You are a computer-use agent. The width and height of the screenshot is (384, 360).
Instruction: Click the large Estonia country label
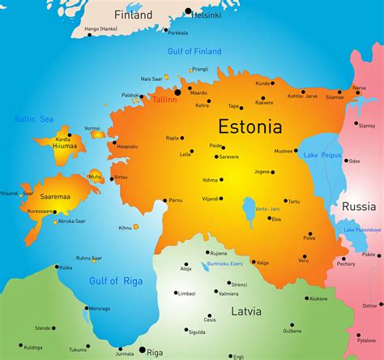250,126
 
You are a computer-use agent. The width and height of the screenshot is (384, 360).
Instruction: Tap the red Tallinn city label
164,99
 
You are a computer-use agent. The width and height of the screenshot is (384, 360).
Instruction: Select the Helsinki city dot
189,12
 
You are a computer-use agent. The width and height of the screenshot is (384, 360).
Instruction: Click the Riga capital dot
141,351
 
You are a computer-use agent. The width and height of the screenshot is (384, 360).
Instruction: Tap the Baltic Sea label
35,119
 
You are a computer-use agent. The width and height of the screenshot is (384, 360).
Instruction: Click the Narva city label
359,88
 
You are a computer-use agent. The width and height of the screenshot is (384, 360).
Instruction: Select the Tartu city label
292,201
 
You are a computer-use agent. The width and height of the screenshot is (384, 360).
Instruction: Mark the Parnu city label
176,199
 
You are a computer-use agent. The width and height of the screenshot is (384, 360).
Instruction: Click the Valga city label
262,263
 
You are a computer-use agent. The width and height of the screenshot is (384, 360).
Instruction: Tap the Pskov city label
369,255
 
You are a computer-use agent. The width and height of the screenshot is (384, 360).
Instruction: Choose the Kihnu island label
125,228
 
